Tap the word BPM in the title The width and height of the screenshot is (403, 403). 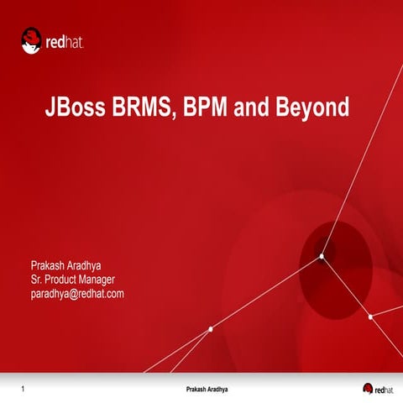(x=208, y=109)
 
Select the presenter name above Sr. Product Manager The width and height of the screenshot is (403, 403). (x=65, y=266)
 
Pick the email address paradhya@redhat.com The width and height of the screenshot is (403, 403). (x=77, y=293)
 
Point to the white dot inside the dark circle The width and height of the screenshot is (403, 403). (x=322, y=256)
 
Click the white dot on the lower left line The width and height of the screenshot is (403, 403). (x=210, y=329)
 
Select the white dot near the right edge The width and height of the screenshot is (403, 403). (x=370, y=317)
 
